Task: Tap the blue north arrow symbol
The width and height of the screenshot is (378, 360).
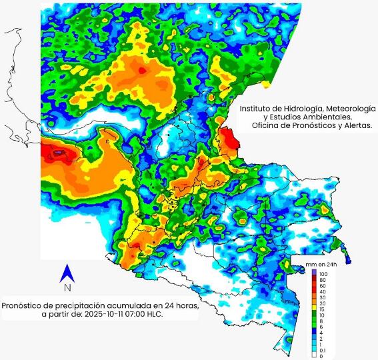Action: (67, 273)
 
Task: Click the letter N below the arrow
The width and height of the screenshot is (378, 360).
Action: (67, 288)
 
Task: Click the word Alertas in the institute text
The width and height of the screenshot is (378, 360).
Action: (355, 125)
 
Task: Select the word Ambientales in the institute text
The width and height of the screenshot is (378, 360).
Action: (313, 117)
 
